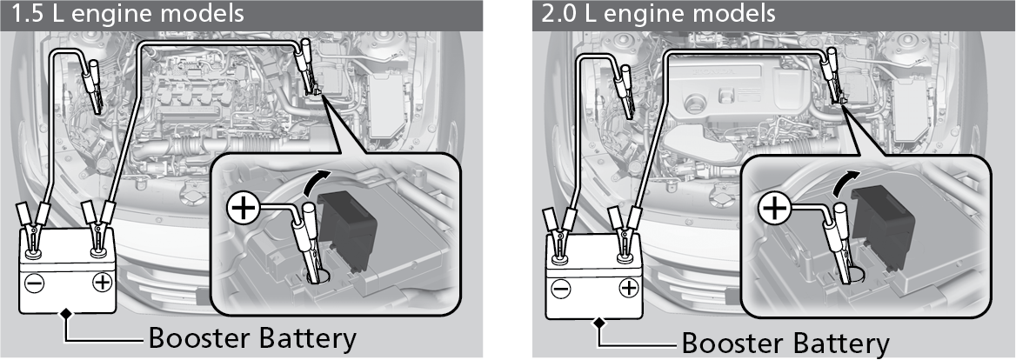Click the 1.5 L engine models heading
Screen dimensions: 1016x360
[128, 14]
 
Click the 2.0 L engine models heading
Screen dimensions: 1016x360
[658, 14]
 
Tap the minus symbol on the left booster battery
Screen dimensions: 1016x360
[34, 283]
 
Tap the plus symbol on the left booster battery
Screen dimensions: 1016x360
[102, 283]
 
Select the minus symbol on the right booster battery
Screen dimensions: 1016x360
[561, 290]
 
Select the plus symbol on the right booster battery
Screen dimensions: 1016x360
[629, 288]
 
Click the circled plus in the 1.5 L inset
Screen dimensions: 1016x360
[244, 209]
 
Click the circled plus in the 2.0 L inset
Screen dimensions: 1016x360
[773, 209]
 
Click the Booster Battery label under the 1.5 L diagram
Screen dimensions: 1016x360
[253, 338]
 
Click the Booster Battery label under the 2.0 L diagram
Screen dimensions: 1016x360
[785, 343]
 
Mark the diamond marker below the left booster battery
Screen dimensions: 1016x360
[65, 314]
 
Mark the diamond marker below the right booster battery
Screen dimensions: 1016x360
[599, 320]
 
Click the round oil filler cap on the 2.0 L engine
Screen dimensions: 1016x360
[695, 103]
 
